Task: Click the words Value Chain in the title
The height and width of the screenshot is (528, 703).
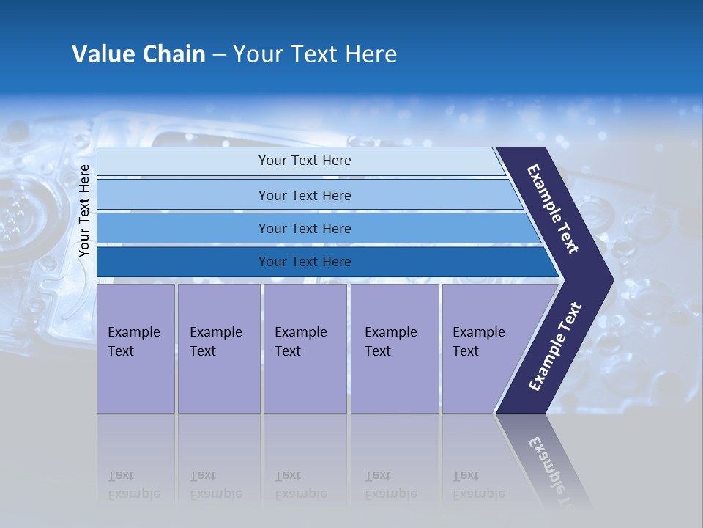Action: point(138,54)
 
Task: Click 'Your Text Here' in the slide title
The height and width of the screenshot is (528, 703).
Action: point(315,54)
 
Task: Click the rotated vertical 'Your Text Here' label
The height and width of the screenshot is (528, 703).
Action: point(84,211)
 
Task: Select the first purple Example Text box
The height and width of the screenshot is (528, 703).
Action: point(135,348)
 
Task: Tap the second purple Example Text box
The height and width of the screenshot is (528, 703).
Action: point(218,348)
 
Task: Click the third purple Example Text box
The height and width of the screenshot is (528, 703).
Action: point(305,348)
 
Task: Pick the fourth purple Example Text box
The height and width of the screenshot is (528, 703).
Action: point(394,348)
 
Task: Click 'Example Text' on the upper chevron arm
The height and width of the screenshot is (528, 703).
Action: point(553,209)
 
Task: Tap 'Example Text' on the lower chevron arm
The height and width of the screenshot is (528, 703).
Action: point(555,346)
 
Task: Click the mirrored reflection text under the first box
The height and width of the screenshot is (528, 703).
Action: point(133,485)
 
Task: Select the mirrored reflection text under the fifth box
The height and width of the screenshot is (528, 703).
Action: point(478,485)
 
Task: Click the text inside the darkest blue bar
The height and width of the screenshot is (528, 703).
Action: point(305,262)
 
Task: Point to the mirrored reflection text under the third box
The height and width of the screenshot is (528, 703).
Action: point(300,485)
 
